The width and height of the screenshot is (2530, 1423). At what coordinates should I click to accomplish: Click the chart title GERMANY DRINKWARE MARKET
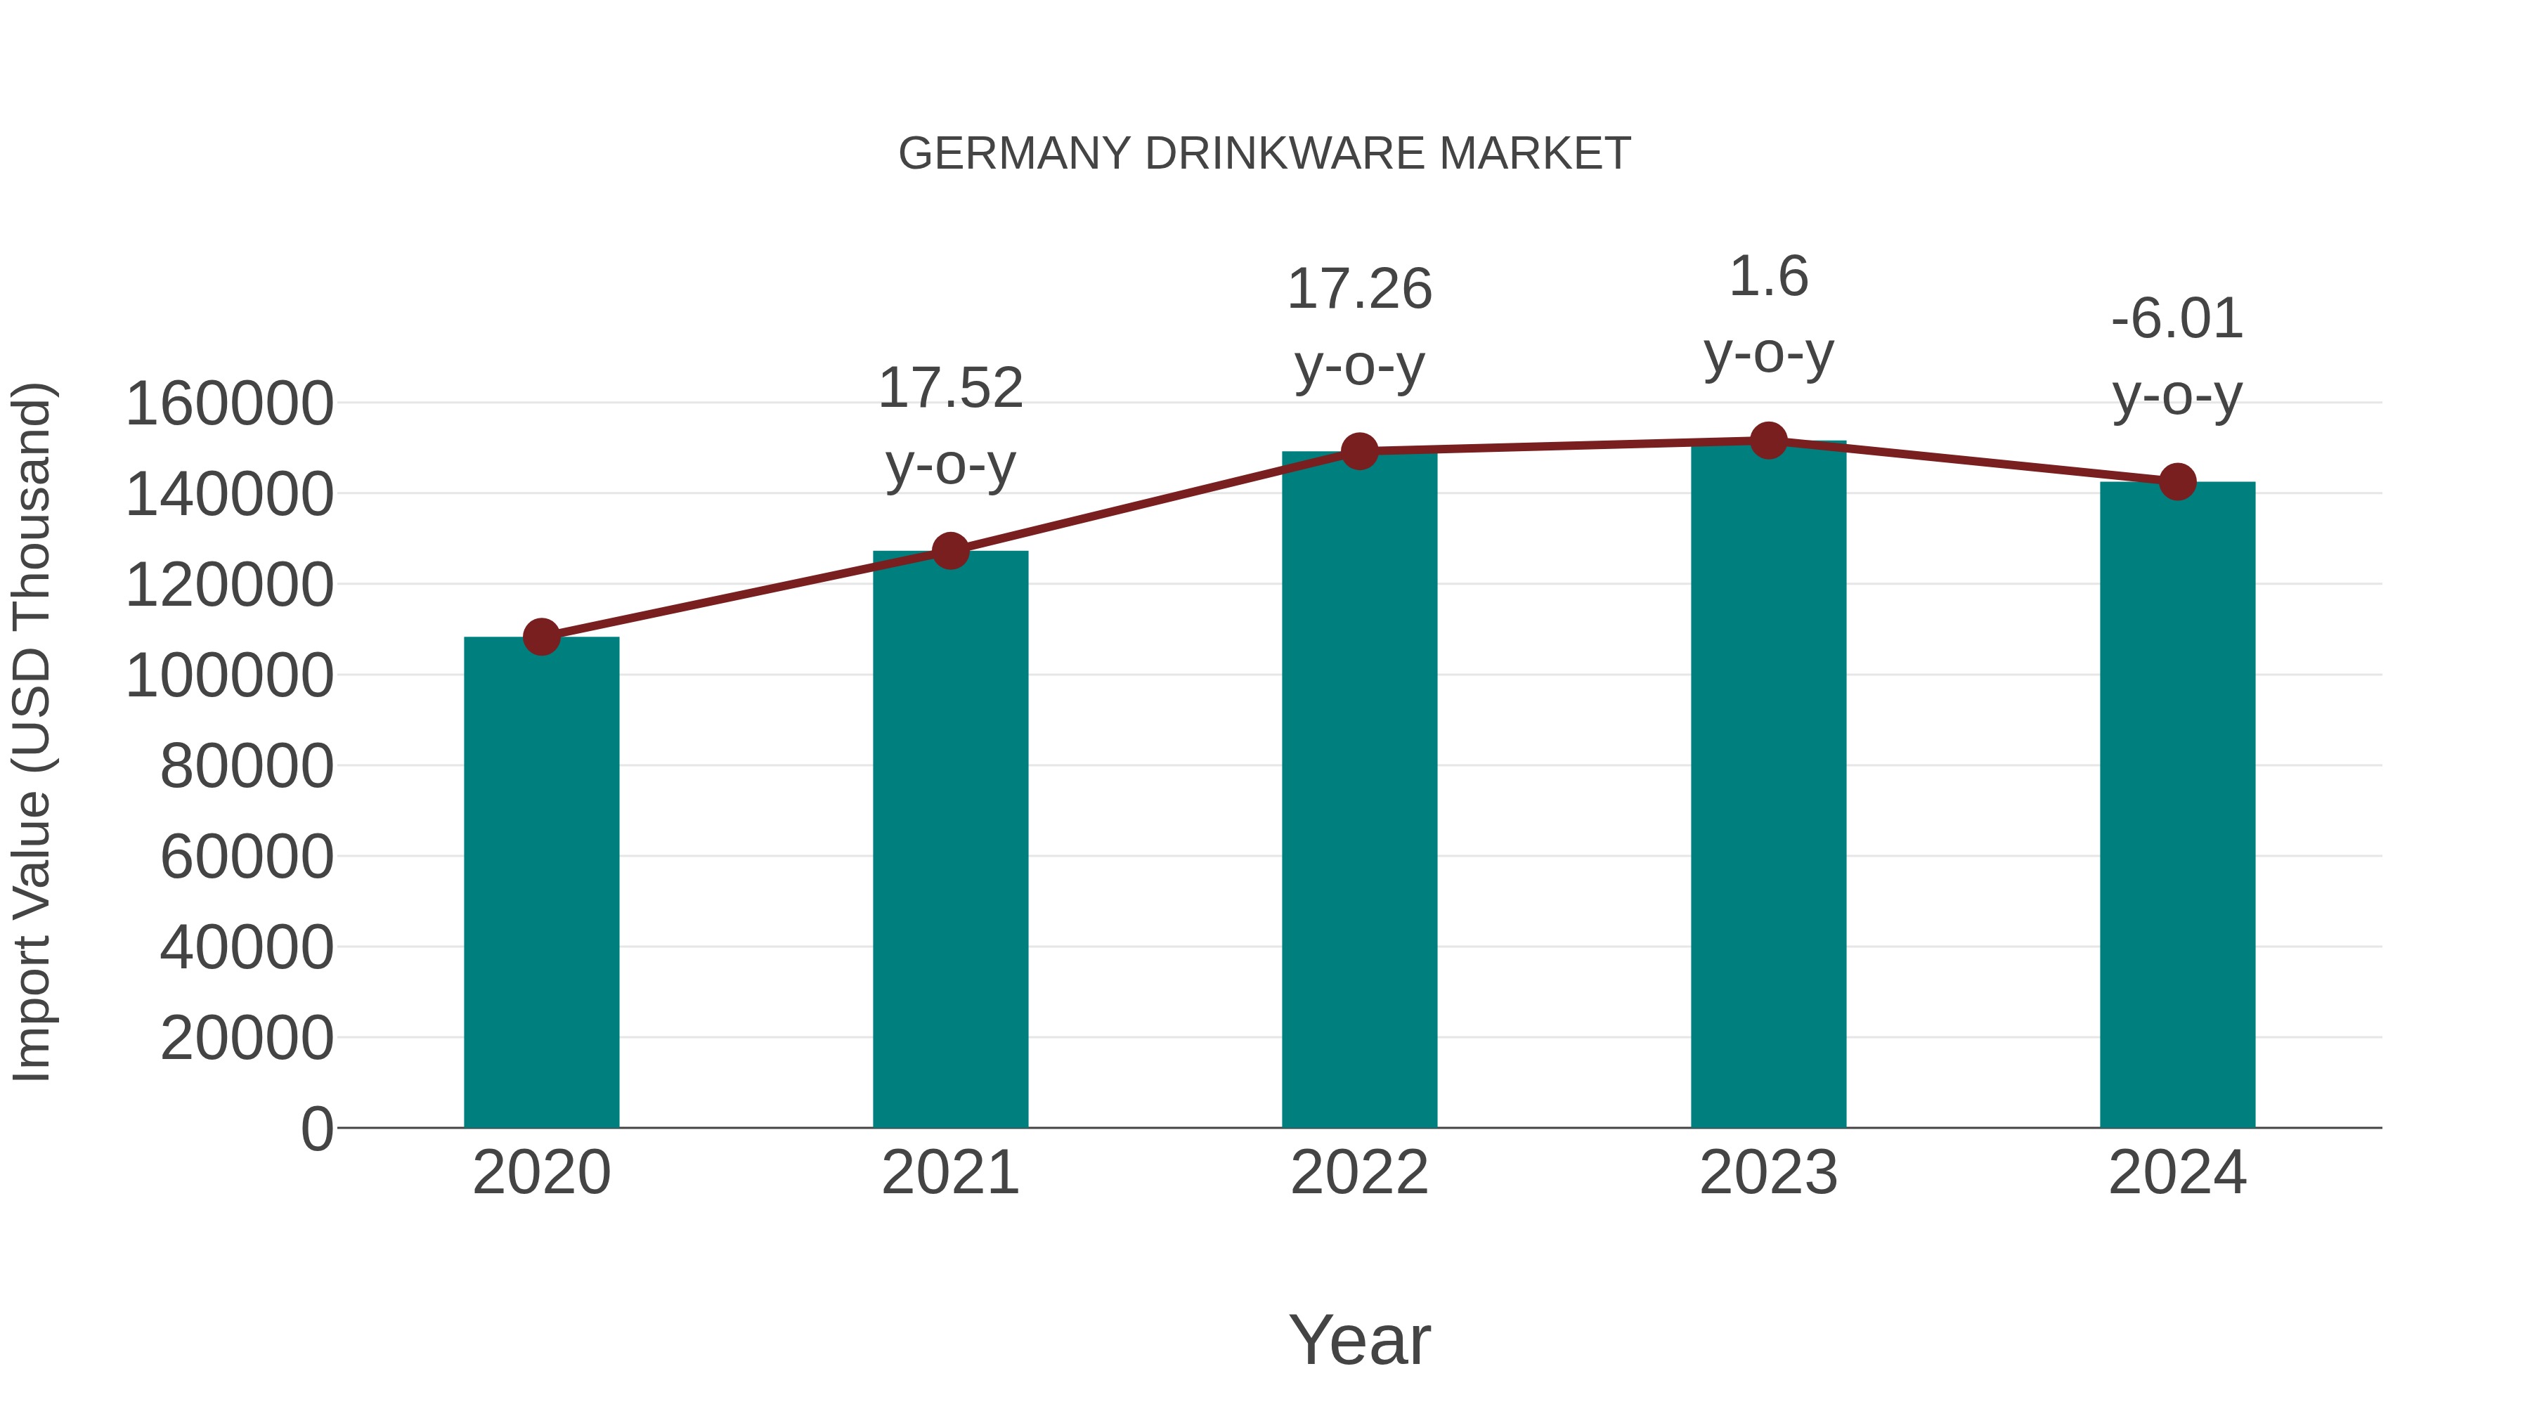point(1264,154)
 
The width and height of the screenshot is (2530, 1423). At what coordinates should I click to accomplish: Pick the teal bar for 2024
point(2177,805)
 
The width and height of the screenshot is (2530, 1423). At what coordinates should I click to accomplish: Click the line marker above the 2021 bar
point(949,551)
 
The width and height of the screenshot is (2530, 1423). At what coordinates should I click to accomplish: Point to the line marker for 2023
point(1768,441)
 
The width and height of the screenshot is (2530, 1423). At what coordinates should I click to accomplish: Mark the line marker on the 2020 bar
point(541,637)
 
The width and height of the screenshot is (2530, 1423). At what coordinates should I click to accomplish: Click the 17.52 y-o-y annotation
point(949,427)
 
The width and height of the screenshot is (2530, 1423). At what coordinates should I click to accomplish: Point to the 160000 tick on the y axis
point(230,403)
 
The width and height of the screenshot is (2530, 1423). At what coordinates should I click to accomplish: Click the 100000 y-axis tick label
point(230,675)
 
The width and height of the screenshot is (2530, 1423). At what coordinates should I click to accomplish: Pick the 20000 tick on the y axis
point(247,1038)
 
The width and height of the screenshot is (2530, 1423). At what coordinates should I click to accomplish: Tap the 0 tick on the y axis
point(317,1129)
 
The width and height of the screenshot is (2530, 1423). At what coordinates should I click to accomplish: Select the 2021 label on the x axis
point(949,1173)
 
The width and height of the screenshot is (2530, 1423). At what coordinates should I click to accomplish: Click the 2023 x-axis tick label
point(1768,1173)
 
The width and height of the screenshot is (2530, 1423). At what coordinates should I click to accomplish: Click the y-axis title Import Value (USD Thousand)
point(32,732)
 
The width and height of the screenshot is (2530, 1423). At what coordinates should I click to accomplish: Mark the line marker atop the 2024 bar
point(2177,482)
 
